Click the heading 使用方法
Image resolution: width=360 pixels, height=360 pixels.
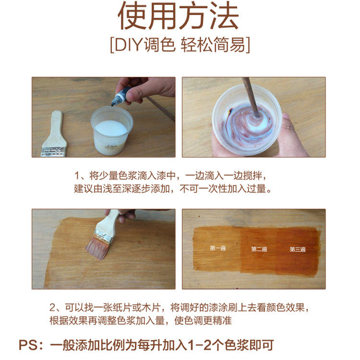pyautogui.click(x=178, y=16)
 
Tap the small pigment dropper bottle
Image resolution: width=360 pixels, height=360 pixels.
pyautogui.click(x=119, y=97)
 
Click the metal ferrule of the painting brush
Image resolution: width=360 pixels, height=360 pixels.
pyautogui.click(x=104, y=236)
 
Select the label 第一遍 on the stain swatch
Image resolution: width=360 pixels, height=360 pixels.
pyautogui.click(x=217, y=248)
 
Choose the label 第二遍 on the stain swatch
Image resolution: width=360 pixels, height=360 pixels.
pyautogui.click(x=259, y=249)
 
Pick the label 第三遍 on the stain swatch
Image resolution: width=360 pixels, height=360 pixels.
pyautogui.click(x=297, y=249)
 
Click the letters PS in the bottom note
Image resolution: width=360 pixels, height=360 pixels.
pyautogui.click(x=28, y=345)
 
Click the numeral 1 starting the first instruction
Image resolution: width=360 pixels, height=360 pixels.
pyautogui.click(x=77, y=176)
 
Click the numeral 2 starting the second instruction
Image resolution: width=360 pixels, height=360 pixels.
pyautogui.click(x=53, y=308)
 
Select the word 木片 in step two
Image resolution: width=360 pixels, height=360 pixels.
pyautogui.click(x=151, y=308)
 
